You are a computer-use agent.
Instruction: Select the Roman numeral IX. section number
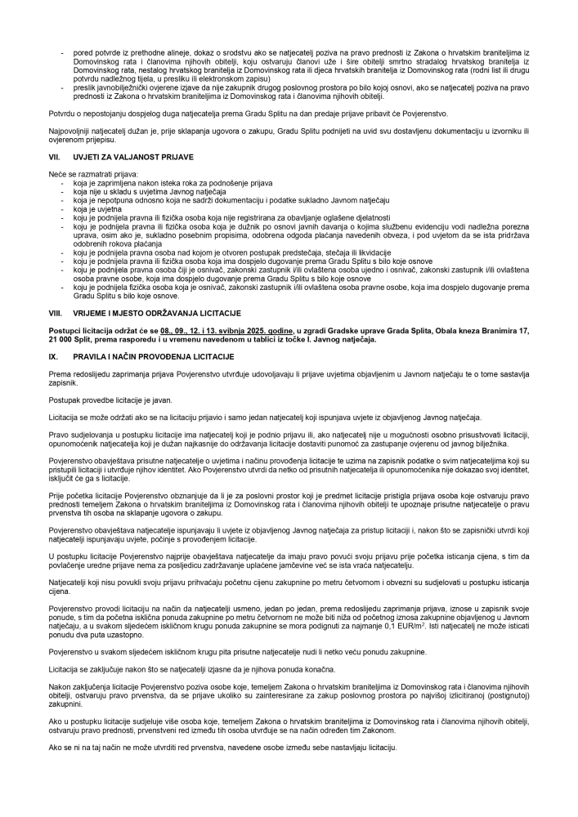tap(54, 358)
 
